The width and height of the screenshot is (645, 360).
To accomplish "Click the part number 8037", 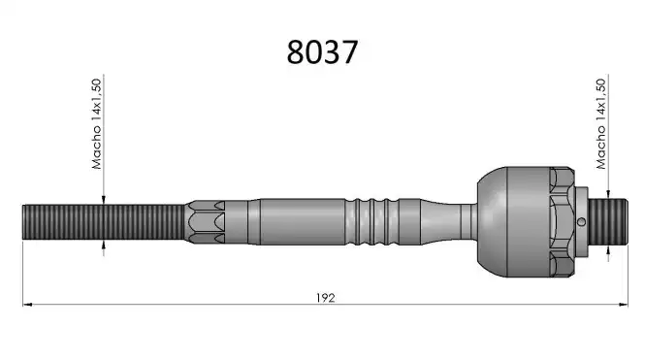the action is click(x=322, y=52).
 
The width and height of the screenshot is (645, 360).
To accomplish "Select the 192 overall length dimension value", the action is click(x=325, y=298).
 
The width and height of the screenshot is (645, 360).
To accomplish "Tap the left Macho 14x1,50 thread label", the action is click(x=96, y=124).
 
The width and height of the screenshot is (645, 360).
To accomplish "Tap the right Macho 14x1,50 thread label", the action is click(x=601, y=124).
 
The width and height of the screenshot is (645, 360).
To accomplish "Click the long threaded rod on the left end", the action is click(x=104, y=222).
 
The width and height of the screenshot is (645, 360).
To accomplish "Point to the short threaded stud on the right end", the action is click(x=608, y=222).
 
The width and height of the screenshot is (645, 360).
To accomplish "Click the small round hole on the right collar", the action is click(x=581, y=222).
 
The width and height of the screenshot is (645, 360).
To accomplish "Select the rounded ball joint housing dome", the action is click(x=493, y=222).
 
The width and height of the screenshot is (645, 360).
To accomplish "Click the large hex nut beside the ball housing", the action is click(x=563, y=222).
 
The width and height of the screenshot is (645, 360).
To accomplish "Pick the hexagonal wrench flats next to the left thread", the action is click(x=207, y=222).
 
